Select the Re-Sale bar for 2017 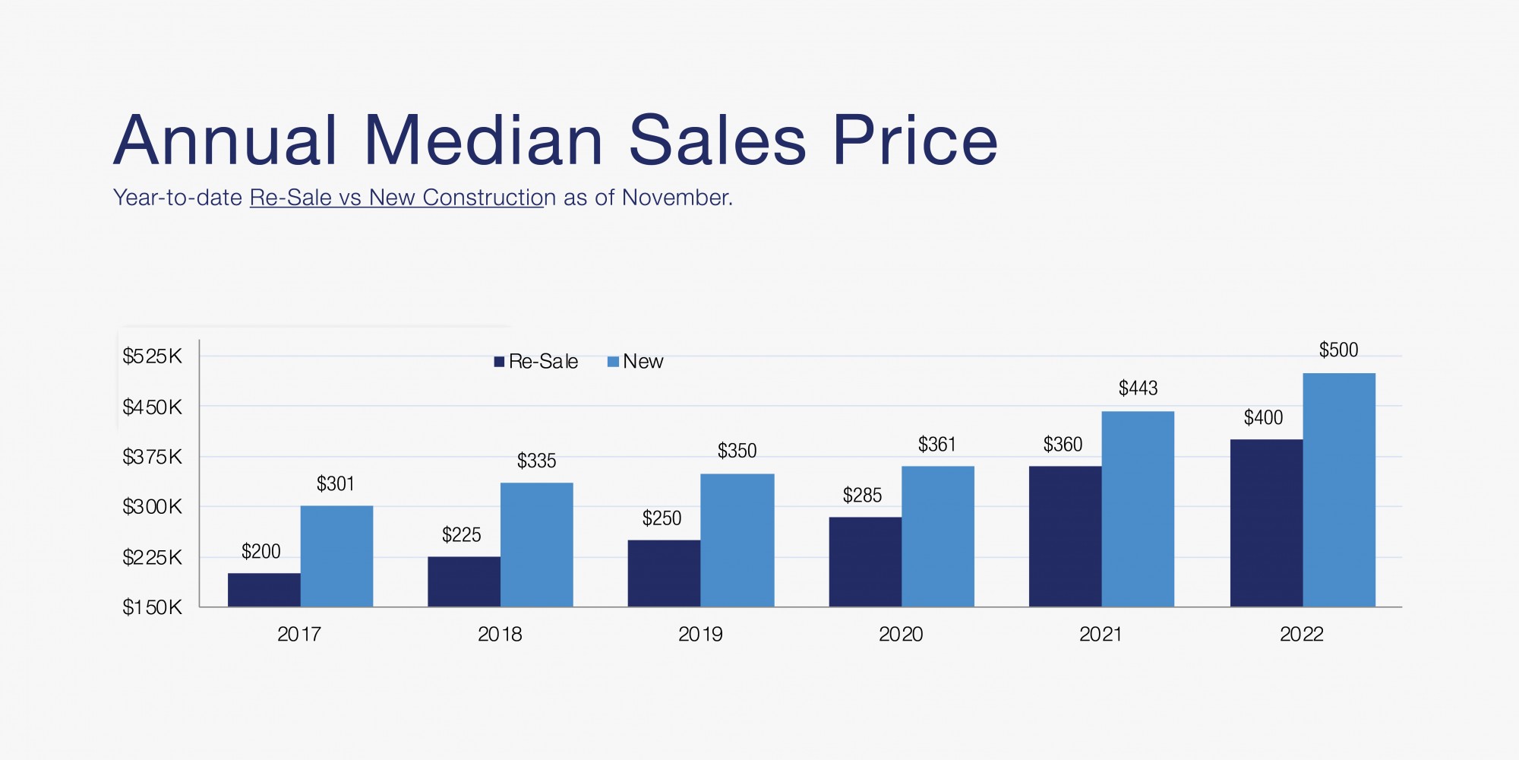[x=264, y=590]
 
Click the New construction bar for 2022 [x=1338, y=490]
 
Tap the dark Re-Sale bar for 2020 [x=865, y=562]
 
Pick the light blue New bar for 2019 [x=737, y=540]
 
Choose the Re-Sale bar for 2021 [x=1065, y=537]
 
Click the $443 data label [x=1138, y=389]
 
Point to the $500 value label [x=1338, y=350]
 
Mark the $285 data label [x=862, y=496]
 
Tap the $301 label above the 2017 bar [x=335, y=484]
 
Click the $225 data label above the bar [x=461, y=535]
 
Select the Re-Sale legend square [x=499, y=362]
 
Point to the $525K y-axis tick [x=152, y=356]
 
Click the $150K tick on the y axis [x=152, y=607]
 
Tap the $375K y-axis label [x=152, y=457]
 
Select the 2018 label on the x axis [x=499, y=635]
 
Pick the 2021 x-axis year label [x=1101, y=635]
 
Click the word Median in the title [x=483, y=141]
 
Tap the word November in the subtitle [x=677, y=198]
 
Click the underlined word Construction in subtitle [x=483, y=198]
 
